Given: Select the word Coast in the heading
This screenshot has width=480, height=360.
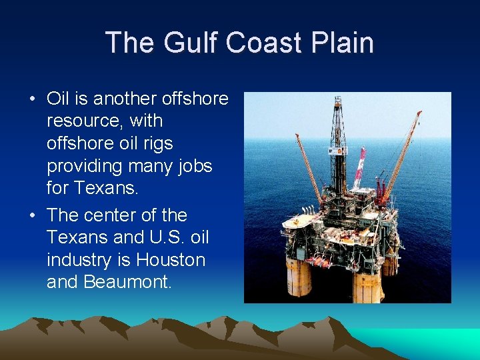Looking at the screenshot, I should (x=263, y=43).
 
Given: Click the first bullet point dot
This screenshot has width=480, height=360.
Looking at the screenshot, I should (x=33, y=100).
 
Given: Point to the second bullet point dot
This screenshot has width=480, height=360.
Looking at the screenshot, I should (x=33, y=216).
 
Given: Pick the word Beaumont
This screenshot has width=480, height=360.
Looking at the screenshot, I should (x=127, y=282).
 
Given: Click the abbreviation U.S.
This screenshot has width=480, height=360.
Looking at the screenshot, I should (x=157, y=237).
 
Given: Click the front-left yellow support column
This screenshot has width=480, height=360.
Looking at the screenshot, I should (x=298, y=277).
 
